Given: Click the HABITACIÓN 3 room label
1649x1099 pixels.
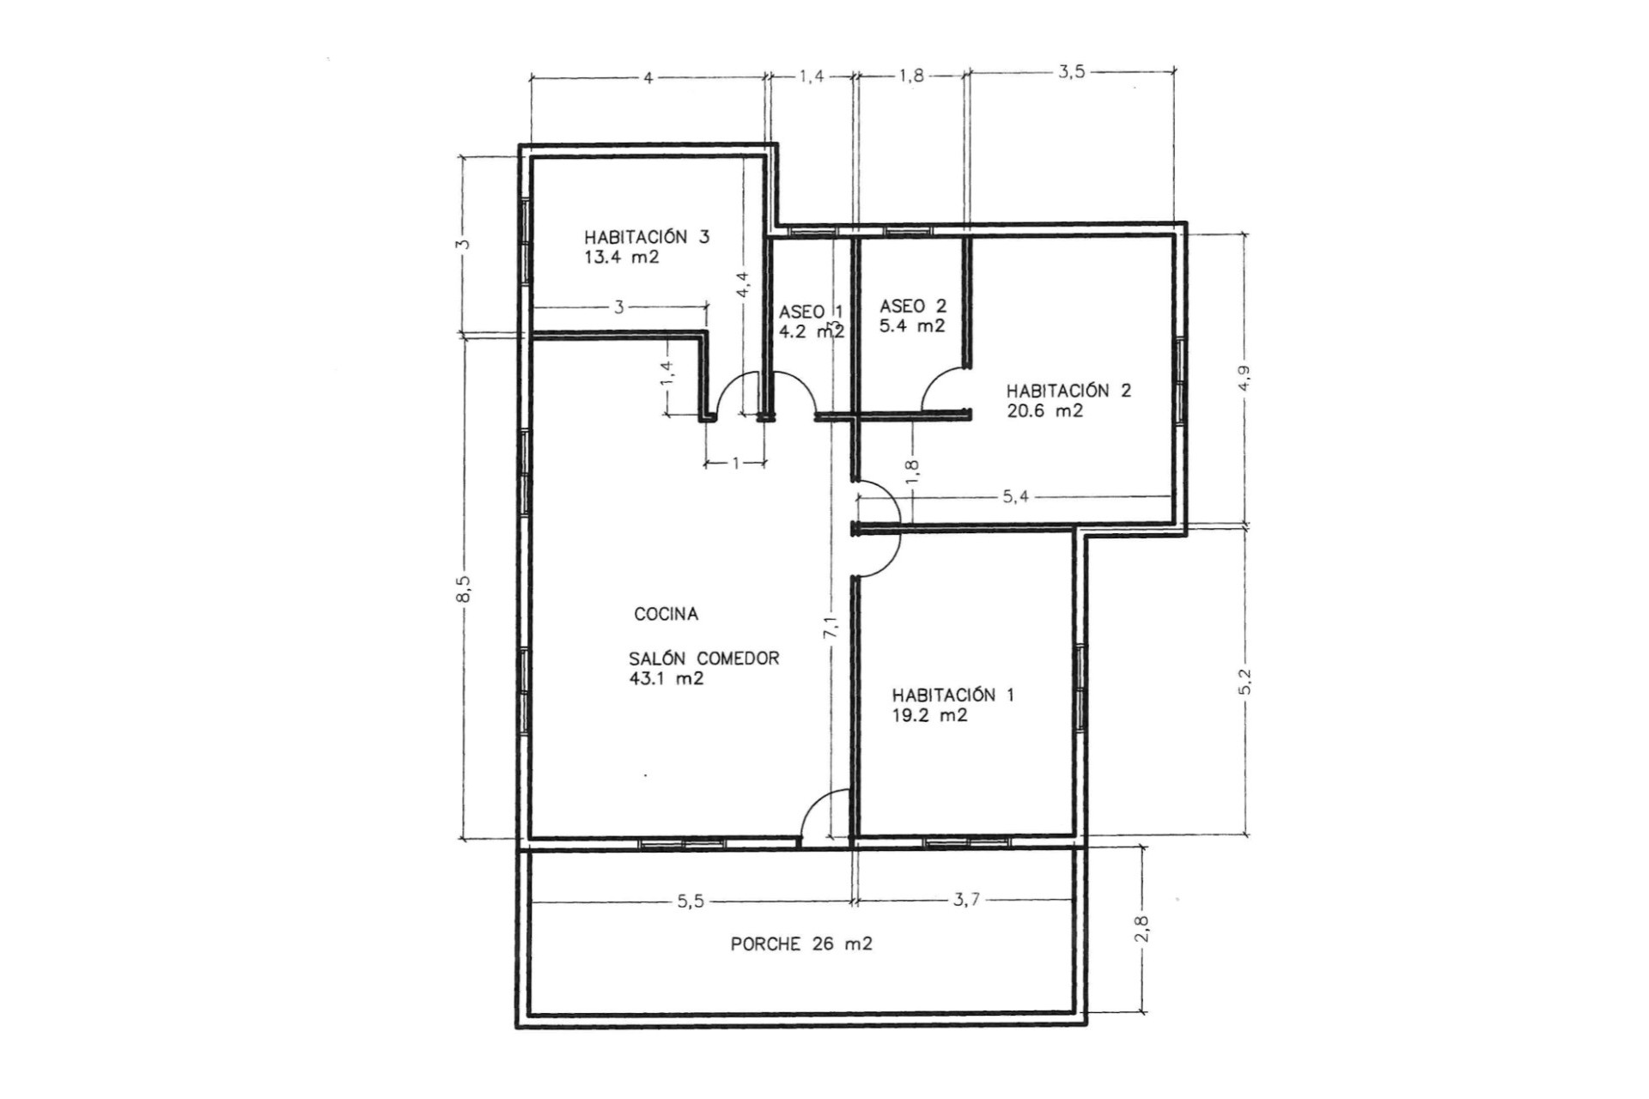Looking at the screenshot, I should pyautogui.click(x=647, y=237).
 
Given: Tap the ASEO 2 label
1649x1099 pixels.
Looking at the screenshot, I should pyautogui.click(x=912, y=306).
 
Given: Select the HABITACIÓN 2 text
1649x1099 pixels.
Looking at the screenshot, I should pyautogui.click(x=1068, y=391).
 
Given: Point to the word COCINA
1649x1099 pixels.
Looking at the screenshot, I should pyautogui.click(x=666, y=614).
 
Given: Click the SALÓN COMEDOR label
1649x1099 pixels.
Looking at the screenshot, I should pyautogui.click(x=703, y=659).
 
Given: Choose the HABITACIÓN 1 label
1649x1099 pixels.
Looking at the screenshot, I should pyautogui.click(x=952, y=695).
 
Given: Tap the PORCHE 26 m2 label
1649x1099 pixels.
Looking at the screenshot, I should pyautogui.click(x=801, y=944).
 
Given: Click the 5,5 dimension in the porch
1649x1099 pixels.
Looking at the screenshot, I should pyautogui.click(x=691, y=901).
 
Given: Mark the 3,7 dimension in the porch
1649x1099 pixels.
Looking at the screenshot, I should pyautogui.click(x=966, y=900).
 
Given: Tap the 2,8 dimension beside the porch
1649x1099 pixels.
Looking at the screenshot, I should pyautogui.click(x=1141, y=929).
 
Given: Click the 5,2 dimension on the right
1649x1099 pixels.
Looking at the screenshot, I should pyautogui.click(x=1246, y=682).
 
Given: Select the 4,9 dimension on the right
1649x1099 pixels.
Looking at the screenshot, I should pyautogui.click(x=1244, y=379).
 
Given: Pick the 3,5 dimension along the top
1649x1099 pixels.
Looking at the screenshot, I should pyautogui.click(x=1071, y=72).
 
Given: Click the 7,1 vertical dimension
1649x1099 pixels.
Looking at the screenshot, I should pyautogui.click(x=831, y=627).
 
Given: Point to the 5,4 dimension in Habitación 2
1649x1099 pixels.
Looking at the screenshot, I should pyautogui.click(x=1014, y=496).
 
